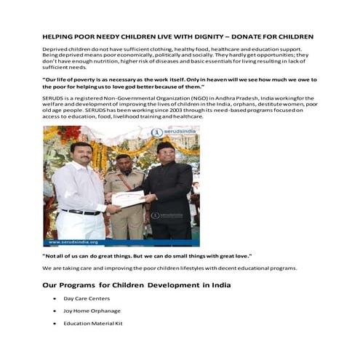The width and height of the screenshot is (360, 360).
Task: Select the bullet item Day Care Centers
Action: coord(87,298)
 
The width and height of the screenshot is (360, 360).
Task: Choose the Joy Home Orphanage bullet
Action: coord(89,311)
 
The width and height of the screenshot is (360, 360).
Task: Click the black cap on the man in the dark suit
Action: coord(165,146)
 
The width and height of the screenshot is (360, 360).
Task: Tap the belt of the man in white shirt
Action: coord(81,212)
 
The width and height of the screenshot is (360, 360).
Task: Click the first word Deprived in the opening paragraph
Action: coord(57,48)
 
